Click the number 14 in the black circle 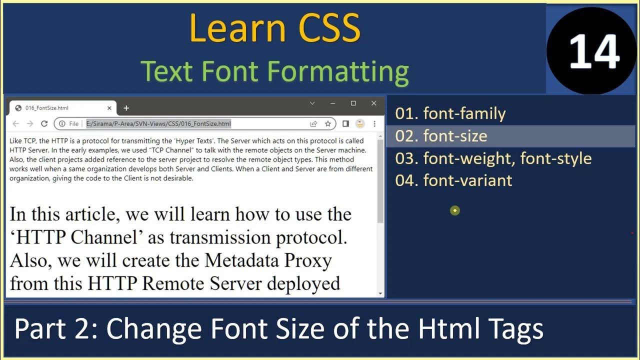(594, 52)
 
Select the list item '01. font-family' (450, 113)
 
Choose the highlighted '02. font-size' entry (441, 136)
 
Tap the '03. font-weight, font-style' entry (493, 158)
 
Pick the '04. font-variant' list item (453, 180)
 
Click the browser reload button (44, 123)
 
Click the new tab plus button (126, 108)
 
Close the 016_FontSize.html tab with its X (109, 108)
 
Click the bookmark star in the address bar (328, 123)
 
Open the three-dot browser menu (374, 123)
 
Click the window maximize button (353, 103)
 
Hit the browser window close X (373, 103)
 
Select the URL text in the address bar (158, 123)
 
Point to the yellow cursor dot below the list (454, 210)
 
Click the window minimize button (333, 103)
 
